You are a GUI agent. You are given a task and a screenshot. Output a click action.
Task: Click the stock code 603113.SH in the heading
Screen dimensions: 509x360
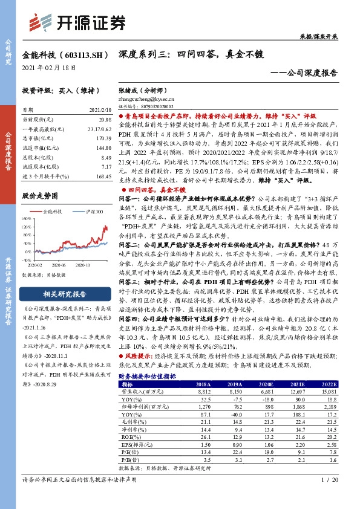tap(77, 55)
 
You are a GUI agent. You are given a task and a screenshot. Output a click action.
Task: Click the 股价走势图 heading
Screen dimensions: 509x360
tap(41, 196)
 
